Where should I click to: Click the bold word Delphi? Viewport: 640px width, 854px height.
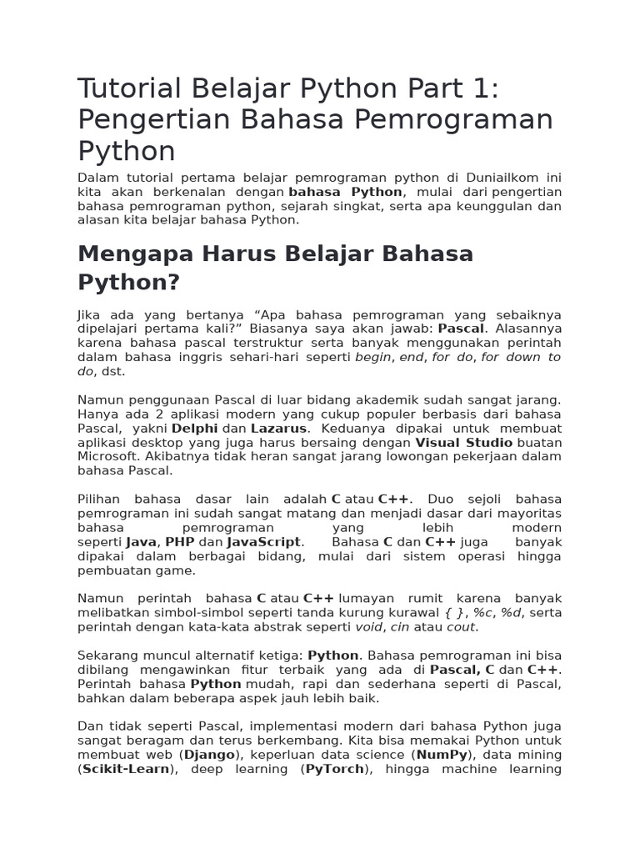click(x=195, y=429)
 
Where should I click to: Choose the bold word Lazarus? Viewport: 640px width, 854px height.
click(x=278, y=429)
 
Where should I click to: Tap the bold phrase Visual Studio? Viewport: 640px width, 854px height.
click(x=463, y=443)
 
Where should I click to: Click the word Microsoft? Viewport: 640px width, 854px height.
click(x=107, y=457)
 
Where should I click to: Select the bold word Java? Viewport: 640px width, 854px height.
click(x=142, y=542)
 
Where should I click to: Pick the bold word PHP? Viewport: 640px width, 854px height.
click(x=179, y=542)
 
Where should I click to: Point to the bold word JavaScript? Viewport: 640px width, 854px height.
click(x=262, y=542)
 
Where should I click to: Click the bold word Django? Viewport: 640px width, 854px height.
click(x=210, y=755)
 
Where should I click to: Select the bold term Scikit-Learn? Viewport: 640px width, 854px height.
click(x=126, y=769)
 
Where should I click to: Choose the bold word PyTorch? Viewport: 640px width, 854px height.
click(x=333, y=769)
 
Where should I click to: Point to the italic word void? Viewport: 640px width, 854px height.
click(x=368, y=627)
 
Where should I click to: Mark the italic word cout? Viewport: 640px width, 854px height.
click(x=460, y=627)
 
